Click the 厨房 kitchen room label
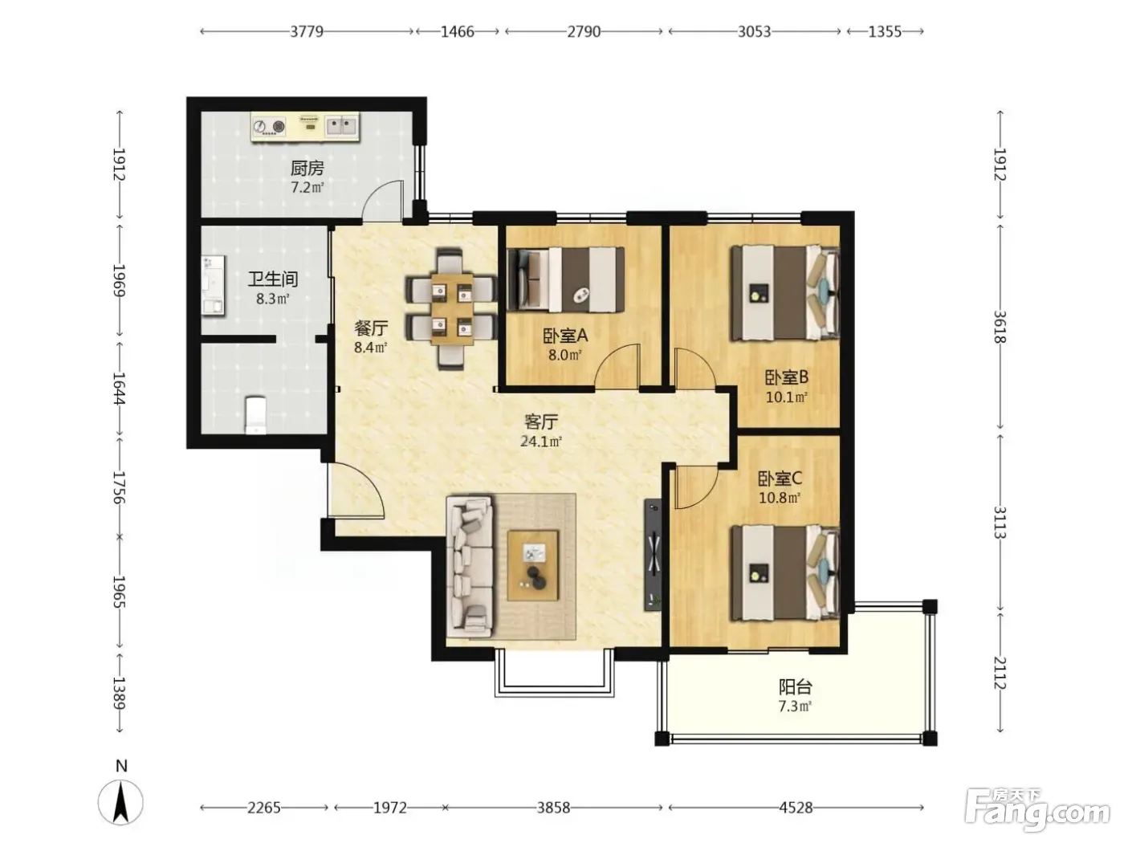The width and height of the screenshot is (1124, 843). tap(307, 168)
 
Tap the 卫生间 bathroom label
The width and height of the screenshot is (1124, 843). tap(273, 279)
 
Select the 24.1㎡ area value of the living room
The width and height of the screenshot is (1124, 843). tap(541, 442)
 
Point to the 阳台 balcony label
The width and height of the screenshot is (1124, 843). tap(796, 686)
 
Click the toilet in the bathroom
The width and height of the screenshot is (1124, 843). tap(255, 414)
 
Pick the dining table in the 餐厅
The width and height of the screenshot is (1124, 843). tap(452, 308)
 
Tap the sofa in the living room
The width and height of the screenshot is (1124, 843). tap(470, 566)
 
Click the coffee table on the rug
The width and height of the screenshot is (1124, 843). tap(532, 565)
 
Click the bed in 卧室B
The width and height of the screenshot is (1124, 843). tap(785, 293)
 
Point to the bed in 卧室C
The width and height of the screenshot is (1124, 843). tap(785, 573)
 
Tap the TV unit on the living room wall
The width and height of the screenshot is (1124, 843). tap(653, 555)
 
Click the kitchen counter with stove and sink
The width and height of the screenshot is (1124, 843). tap(305, 127)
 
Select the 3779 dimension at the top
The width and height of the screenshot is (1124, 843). tap(307, 32)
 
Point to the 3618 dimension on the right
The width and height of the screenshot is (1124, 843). tap(1000, 327)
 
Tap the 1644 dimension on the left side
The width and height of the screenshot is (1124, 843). tap(119, 388)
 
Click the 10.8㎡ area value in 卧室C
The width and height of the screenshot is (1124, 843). tap(780, 498)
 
